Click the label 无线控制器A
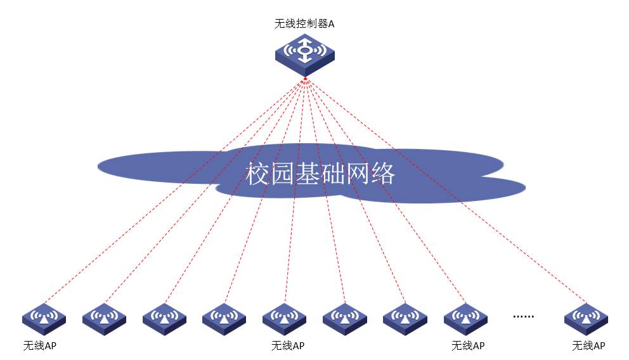tap(304, 24)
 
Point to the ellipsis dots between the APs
tap(523, 315)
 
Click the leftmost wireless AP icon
tap(44, 317)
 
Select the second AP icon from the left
tap(104, 317)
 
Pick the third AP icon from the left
tap(164, 317)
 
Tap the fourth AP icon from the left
tap(224, 317)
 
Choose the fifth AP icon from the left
tap(284, 317)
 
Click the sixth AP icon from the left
tap(344, 317)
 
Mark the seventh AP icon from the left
tap(405, 317)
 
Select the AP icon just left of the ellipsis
tap(465, 317)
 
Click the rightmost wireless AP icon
tap(586, 317)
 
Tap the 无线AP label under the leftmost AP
tap(41, 346)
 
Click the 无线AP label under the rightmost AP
tap(588, 346)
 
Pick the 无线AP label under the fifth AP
tap(288, 346)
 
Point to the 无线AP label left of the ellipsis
tap(468, 346)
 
